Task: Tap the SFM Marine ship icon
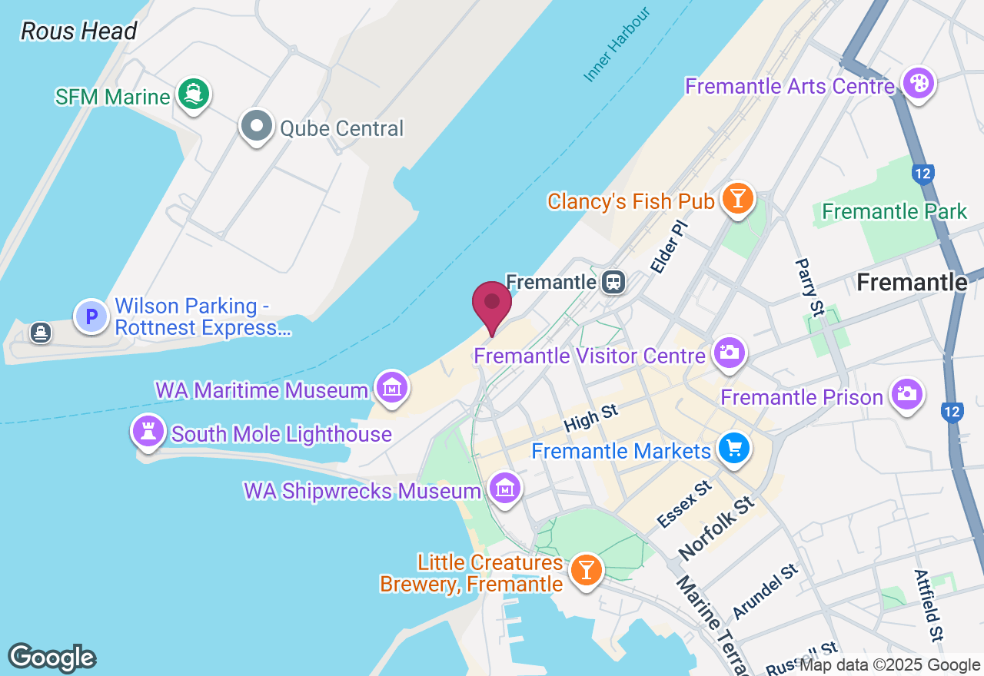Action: point(194,94)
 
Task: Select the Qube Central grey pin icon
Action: point(257,125)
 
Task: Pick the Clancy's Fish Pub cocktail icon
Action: point(738,199)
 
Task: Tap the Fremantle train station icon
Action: point(613,281)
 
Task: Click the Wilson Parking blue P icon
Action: point(91,316)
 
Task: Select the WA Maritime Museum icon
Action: point(392,388)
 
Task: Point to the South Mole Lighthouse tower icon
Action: point(148,432)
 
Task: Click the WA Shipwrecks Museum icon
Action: point(504,488)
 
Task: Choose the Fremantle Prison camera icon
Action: point(907,394)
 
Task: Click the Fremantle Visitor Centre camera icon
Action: point(728,353)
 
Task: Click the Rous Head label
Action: point(78,31)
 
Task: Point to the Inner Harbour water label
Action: point(617,45)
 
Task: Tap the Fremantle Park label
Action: point(894,211)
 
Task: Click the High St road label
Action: point(591,419)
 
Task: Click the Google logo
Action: point(52,658)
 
